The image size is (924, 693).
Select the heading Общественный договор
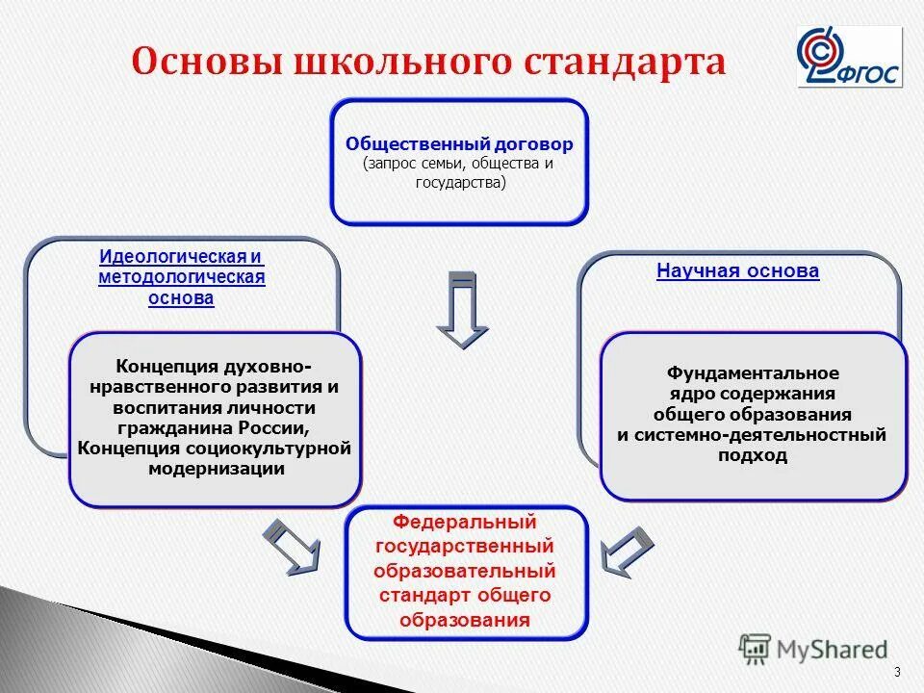(x=459, y=144)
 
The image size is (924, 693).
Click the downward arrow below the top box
(x=462, y=309)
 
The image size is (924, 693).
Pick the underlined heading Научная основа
(x=737, y=270)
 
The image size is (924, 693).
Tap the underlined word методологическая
(x=181, y=278)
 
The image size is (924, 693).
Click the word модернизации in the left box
(x=217, y=469)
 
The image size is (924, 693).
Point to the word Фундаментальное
(x=753, y=373)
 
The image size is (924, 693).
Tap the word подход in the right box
(x=753, y=455)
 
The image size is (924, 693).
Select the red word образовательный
(x=465, y=572)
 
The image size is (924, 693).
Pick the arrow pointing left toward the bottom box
(x=628, y=552)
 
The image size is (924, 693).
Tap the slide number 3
(x=897, y=672)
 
